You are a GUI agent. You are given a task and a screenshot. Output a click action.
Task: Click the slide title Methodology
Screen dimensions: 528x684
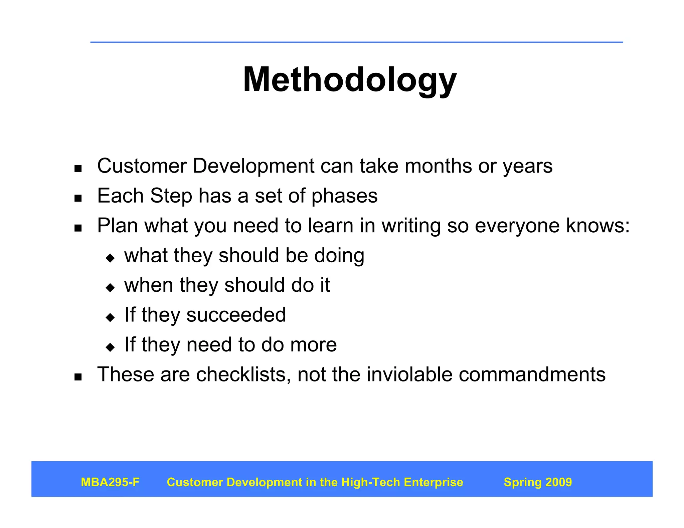click(349, 80)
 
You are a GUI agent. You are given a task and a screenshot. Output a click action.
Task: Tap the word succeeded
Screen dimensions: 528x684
click(236, 315)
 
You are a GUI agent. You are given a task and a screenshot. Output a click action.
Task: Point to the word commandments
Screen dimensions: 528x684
click(532, 374)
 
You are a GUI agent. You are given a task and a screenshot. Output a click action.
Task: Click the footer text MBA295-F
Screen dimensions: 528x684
click(110, 482)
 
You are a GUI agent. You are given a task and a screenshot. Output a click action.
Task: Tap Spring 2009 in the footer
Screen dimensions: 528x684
click(538, 482)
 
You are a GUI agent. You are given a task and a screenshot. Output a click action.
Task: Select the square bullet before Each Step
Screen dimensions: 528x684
click(78, 199)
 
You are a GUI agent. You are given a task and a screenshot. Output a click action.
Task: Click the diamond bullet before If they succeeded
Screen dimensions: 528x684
click(110, 317)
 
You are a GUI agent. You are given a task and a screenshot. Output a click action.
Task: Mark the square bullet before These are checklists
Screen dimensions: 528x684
click(78, 377)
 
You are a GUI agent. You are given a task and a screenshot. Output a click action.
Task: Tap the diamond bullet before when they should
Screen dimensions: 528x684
click(110, 287)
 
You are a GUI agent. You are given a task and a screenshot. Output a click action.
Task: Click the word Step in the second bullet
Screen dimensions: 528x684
click(171, 196)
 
